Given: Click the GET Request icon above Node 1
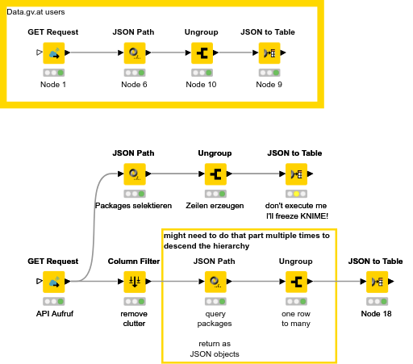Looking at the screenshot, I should click(x=54, y=53).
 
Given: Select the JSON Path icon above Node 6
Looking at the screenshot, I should click(x=134, y=53).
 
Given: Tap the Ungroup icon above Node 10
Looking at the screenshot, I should click(x=202, y=53).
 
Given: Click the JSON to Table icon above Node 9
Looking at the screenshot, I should click(x=269, y=53).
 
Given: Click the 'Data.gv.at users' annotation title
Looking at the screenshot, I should click(x=35, y=14).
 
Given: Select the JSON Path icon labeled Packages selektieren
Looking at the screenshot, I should click(x=134, y=174).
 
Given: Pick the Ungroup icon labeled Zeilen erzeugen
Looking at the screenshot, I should click(x=215, y=174).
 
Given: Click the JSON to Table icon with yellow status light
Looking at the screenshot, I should click(x=295, y=174).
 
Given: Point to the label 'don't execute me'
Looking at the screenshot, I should click(x=295, y=205).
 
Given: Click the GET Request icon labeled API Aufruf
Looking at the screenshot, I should click(x=54, y=282).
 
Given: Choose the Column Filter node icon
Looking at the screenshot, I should click(x=134, y=282).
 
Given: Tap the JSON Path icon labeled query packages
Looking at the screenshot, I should click(x=215, y=282).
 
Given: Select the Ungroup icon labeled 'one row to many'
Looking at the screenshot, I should click(x=295, y=282).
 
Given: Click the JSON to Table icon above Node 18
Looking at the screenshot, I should click(x=376, y=282).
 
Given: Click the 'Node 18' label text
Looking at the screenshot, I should click(x=376, y=313).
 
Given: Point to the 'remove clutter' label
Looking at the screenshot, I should click(x=134, y=318).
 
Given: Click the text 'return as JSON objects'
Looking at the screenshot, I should click(x=215, y=348).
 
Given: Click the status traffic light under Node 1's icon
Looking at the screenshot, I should click(x=54, y=73).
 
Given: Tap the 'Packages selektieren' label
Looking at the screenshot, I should click(x=134, y=205).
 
